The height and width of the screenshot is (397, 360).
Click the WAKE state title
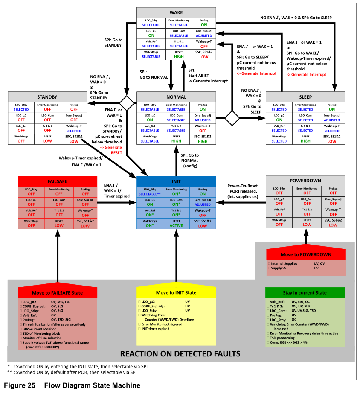pos(176,12)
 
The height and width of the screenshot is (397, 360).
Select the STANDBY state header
pos(47,97)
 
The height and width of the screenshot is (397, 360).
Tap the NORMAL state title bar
pos(176,97)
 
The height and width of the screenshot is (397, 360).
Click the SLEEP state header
pos(305,97)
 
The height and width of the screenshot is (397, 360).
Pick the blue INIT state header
pos(176,181)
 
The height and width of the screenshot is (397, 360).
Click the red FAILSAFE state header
pos(58,181)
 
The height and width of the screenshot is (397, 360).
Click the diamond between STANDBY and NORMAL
pos(127,103)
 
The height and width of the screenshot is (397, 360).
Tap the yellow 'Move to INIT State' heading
pos(176,292)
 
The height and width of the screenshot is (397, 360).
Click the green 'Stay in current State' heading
pos(305,292)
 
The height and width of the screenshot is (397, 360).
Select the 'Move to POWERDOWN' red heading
pos(305,254)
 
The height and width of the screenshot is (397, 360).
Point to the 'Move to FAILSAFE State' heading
pos(57,292)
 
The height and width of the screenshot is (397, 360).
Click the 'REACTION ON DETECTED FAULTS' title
pos(180,353)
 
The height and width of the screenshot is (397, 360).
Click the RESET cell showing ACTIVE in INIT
pos(176,223)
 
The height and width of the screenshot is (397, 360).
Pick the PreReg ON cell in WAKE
pos(203,23)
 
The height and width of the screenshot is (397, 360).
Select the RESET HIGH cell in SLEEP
pos(305,139)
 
